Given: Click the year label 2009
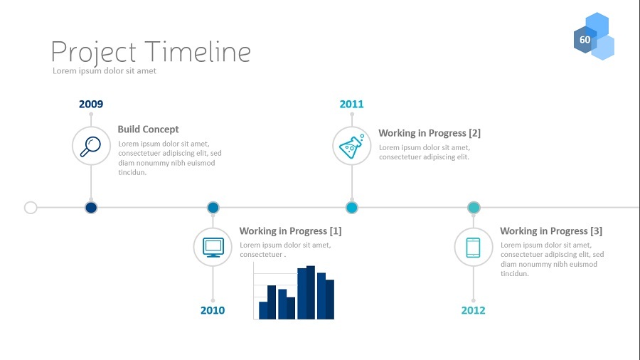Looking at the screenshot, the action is (x=91, y=104).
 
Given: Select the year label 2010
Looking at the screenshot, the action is (x=213, y=310).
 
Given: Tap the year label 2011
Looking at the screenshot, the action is (x=351, y=104).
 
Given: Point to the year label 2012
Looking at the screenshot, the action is (x=474, y=310).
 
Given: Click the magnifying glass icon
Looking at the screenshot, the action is (x=90, y=146).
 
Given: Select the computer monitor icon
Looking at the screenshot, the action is (x=213, y=248).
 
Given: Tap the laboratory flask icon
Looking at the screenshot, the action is (x=351, y=146).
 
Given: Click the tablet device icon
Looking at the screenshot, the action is (x=473, y=248).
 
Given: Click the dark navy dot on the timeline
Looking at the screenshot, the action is (x=91, y=208).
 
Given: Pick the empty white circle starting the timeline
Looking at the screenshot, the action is (x=31, y=208).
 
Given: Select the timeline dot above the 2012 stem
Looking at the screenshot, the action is (x=474, y=208).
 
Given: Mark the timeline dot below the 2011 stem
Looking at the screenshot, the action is (x=351, y=208).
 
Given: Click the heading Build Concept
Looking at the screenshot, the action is (x=148, y=129).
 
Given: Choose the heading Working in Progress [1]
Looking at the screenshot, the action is (x=290, y=231).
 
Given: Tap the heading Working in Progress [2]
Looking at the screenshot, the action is (x=430, y=133).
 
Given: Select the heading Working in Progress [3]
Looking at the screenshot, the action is (x=551, y=231).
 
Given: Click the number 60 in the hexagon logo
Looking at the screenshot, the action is (x=585, y=40).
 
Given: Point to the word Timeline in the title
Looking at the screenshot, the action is (x=198, y=52).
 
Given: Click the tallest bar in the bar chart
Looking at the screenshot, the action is (x=311, y=292).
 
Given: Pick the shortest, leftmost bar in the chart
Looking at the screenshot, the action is (x=263, y=310).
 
